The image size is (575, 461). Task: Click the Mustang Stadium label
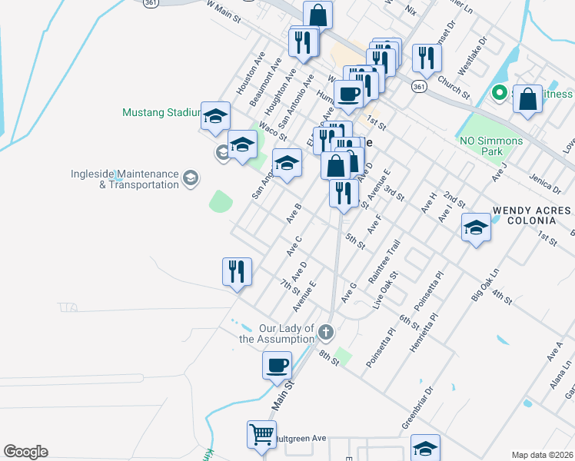[x=161, y=112]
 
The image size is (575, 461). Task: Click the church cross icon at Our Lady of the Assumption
[x=325, y=333]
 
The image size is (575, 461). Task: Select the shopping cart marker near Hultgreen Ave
[x=261, y=434]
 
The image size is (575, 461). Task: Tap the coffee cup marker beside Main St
[x=277, y=364]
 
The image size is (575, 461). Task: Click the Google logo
[x=25, y=452]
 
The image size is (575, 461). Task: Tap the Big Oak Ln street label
[x=484, y=287]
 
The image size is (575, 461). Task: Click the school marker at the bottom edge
[x=425, y=448]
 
